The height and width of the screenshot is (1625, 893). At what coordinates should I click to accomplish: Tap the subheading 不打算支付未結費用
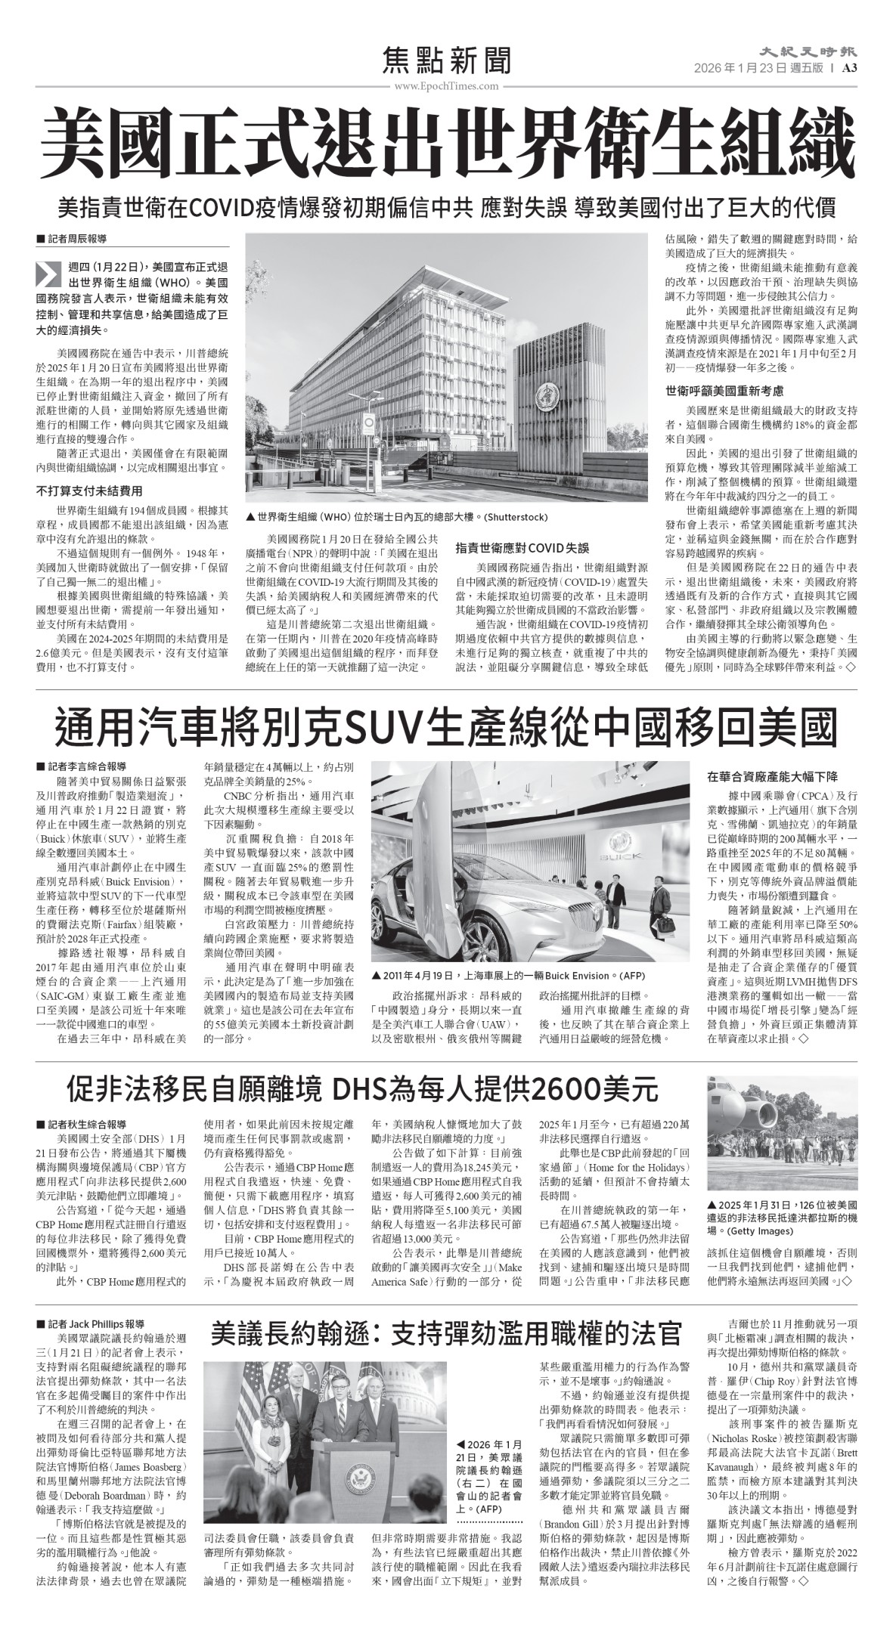[x=89, y=491]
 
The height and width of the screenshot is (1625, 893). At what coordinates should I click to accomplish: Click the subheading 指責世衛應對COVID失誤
[x=522, y=547]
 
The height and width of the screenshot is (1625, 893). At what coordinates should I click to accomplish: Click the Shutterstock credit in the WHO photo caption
[x=516, y=517]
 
